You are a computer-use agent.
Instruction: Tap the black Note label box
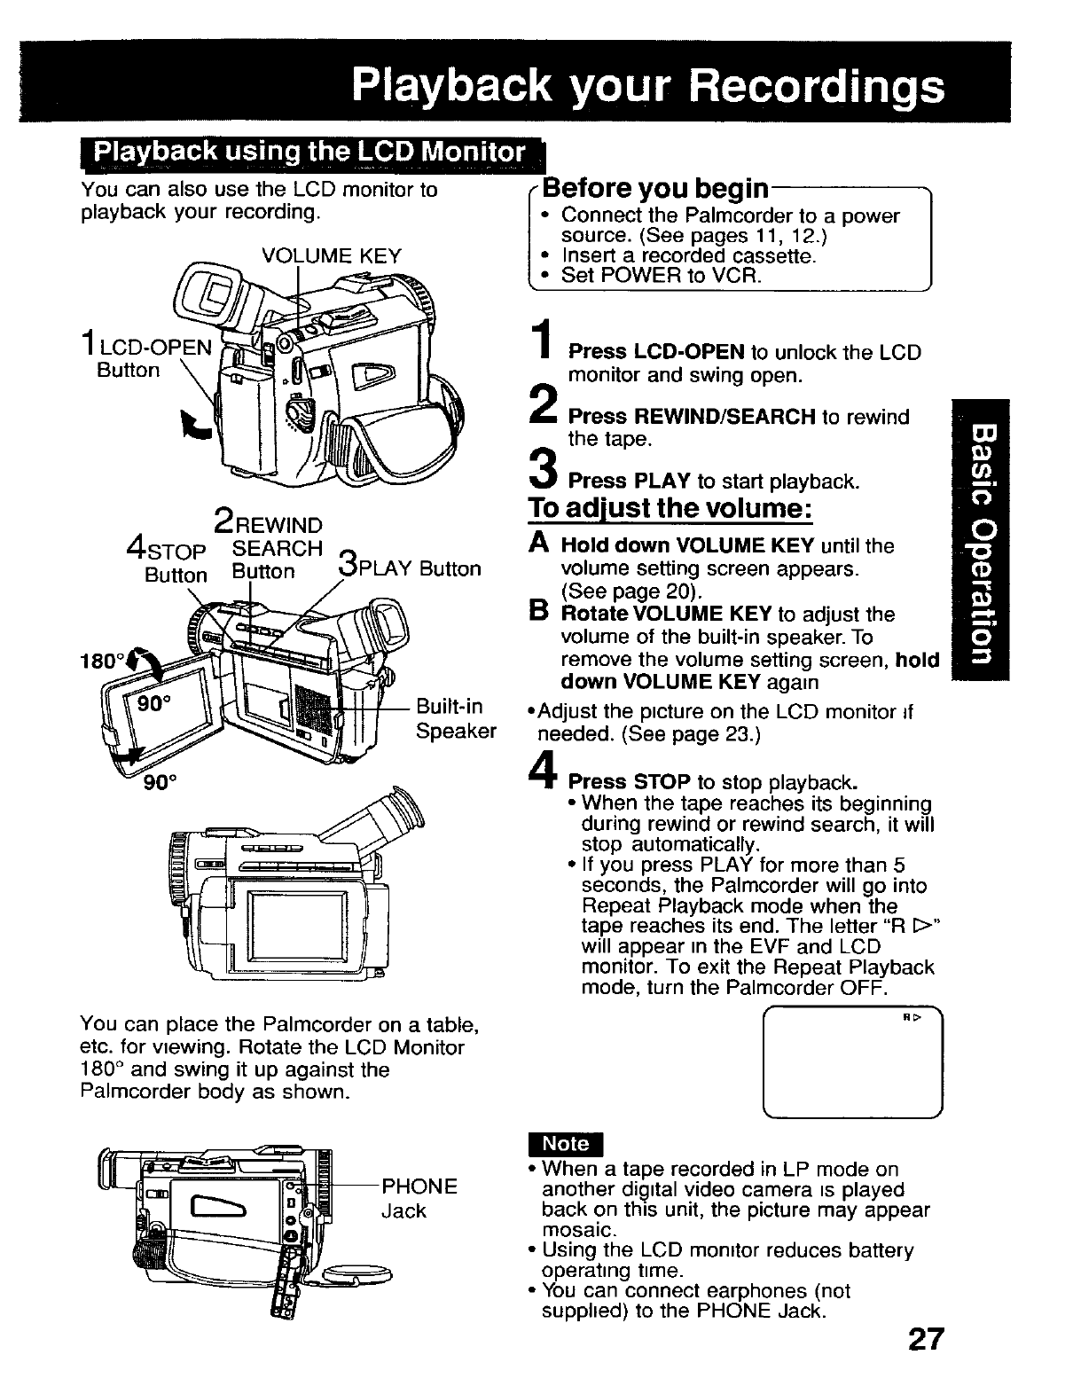pyautogui.click(x=565, y=1145)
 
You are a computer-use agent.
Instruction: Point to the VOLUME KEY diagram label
pyautogui.click(x=332, y=256)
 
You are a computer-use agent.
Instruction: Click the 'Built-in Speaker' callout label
pyautogui.click(x=455, y=718)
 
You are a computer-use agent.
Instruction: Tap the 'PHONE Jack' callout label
pyautogui.click(x=419, y=1198)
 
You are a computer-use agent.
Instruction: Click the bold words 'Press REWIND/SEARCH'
pyautogui.click(x=692, y=417)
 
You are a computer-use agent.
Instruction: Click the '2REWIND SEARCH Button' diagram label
pyautogui.click(x=266, y=546)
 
